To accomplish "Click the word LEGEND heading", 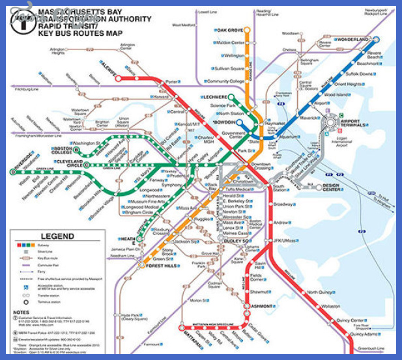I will click(57, 236).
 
